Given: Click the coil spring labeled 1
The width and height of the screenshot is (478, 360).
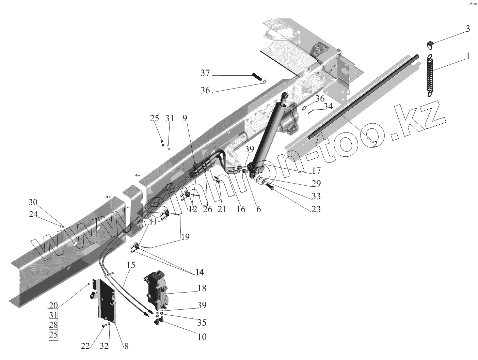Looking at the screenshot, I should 431,75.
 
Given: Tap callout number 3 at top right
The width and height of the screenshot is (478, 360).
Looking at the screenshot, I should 468,29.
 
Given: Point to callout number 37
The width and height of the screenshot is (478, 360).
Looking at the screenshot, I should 205,73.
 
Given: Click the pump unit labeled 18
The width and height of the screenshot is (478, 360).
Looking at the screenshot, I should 157,291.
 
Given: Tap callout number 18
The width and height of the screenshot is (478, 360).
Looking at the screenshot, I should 202,288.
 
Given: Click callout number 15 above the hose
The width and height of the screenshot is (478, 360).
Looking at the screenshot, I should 131,265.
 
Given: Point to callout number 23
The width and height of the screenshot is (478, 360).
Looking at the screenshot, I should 316,209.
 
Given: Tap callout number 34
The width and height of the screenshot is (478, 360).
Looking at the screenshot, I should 328,106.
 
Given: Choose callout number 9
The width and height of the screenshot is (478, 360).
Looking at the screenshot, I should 185,118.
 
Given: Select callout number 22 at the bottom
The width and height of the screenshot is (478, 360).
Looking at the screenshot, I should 85,346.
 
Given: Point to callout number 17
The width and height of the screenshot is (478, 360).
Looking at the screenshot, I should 316,170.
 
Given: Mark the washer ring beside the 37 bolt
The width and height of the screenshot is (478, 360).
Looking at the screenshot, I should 265,81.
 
